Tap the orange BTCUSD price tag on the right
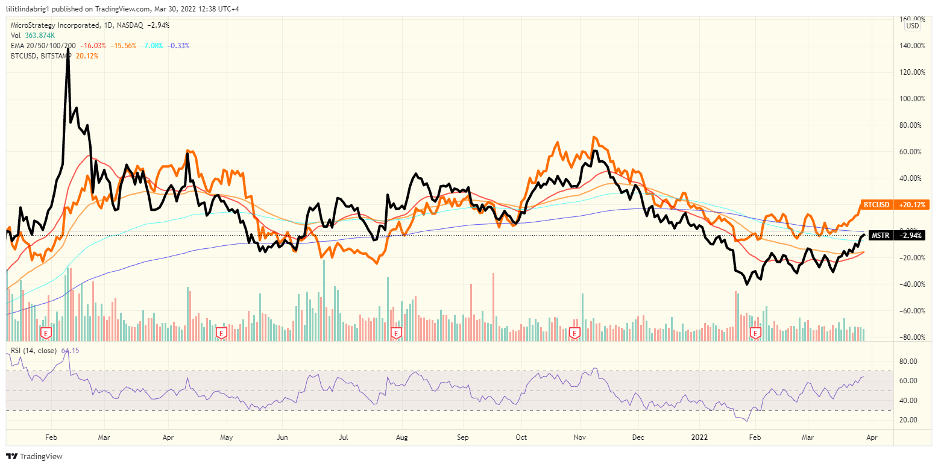tap(895, 205)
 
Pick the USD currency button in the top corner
tap(913, 25)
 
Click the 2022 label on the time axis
tap(700, 437)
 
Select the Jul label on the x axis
tap(343, 437)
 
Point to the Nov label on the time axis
tap(580, 437)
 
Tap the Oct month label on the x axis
tap(521, 437)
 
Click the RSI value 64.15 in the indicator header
tap(70, 350)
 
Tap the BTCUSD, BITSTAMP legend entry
tap(40, 56)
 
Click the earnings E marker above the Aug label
tap(397, 333)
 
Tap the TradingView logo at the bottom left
tap(34, 456)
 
